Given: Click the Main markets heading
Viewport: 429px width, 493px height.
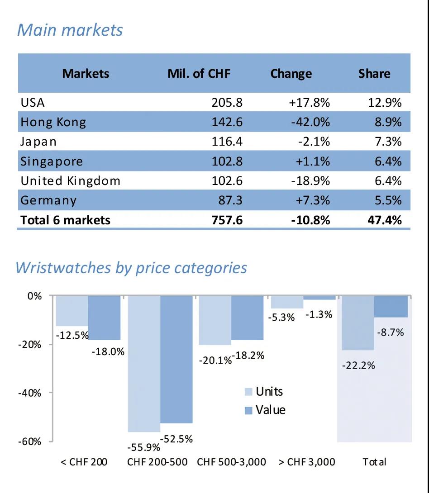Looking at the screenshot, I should (70, 30).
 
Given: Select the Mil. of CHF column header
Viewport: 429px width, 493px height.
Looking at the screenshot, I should (199, 73).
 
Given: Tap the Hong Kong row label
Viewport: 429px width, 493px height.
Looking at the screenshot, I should (53, 122).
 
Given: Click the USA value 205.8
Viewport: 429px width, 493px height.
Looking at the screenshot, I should (227, 103).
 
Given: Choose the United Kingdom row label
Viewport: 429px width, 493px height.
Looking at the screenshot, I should (71, 181).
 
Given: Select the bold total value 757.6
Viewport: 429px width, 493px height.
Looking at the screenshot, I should (227, 220).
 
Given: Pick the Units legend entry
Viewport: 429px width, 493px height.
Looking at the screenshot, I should (264, 391).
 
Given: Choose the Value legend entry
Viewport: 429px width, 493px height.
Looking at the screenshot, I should (265, 410).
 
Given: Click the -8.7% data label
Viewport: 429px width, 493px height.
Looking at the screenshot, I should (390, 332).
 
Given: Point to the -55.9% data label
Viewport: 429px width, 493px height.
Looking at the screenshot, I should (144, 447).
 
